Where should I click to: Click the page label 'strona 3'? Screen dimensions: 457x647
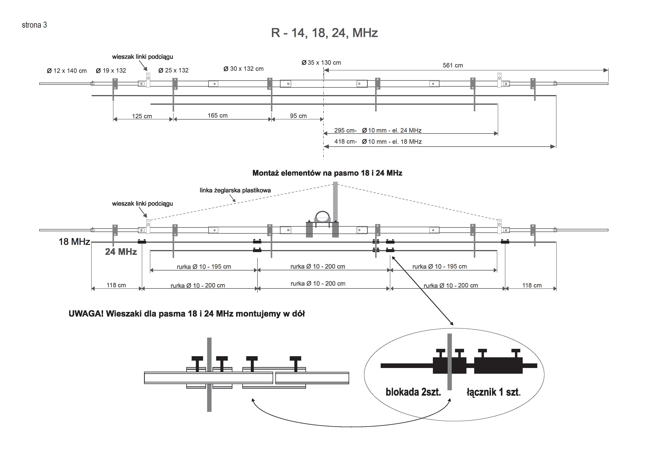[x=34, y=25]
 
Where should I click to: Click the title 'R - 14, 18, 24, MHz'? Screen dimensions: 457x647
[x=324, y=33]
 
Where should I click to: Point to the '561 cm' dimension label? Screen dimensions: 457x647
[x=453, y=65]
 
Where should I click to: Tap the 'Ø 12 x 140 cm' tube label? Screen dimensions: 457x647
[x=67, y=71]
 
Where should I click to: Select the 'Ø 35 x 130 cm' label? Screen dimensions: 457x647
[x=321, y=62]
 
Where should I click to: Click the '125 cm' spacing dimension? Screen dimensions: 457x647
[x=142, y=116]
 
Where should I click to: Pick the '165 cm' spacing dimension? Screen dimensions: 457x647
[x=218, y=115]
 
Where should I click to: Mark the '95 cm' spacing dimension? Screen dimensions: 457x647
[x=298, y=116]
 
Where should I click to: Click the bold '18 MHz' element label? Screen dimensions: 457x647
[x=74, y=242]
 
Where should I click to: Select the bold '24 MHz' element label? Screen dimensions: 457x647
[x=121, y=252]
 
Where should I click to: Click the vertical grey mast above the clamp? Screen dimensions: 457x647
[x=335, y=200]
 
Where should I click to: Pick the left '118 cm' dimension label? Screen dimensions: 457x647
[x=116, y=285]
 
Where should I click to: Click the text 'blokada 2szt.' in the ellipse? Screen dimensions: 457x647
[x=413, y=392]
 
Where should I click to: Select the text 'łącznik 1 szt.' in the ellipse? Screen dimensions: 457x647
[x=493, y=392]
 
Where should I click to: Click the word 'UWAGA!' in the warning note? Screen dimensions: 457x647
[x=86, y=314]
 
